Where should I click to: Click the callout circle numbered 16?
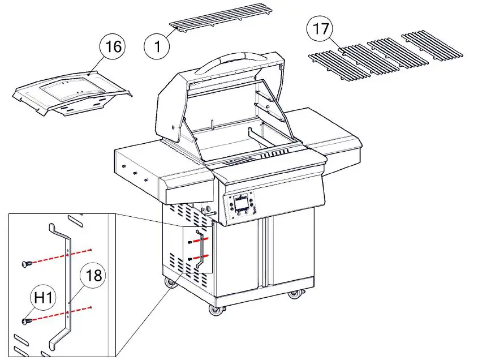pyautogui.click(x=113, y=46)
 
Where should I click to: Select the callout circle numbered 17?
pyautogui.click(x=320, y=29)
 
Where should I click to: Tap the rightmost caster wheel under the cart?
pyautogui.click(x=294, y=295)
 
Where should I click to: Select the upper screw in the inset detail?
pyautogui.click(x=25, y=263)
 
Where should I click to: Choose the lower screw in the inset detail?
pyautogui.click(x=25, y=322)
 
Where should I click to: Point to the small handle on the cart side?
pyautogui.click(x=199, y=250)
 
